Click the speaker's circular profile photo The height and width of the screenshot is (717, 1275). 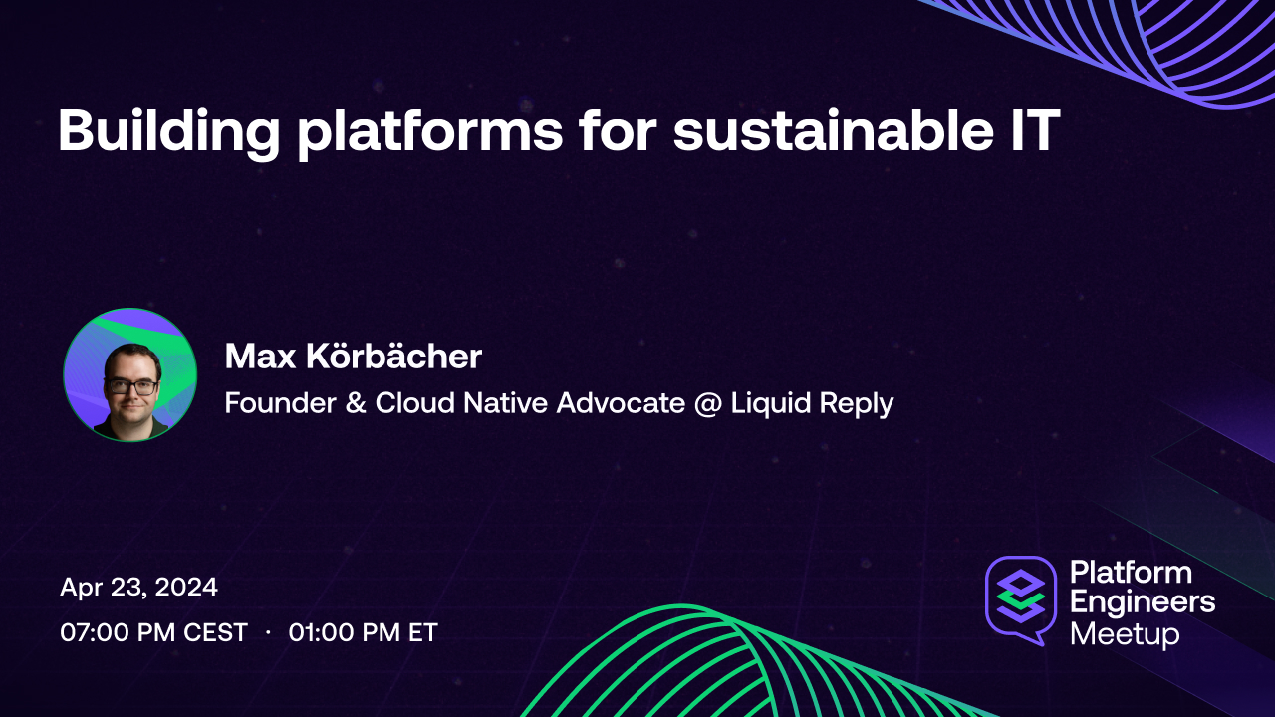[x=129, y=374]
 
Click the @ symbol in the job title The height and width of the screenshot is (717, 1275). [x=713, y=404]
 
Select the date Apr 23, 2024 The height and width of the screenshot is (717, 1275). [x=138, y=588]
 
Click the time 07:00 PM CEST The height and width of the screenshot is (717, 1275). [x=153, y=632]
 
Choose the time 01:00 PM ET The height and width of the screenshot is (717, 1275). [x=364, y=632]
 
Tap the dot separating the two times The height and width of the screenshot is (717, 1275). [x=268, y=633]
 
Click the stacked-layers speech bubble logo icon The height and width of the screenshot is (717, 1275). [x=1020, y=598]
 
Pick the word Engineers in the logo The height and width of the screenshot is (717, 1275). [x=1143, y=602]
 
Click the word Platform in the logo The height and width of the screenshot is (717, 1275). [x=1131, y=573]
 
